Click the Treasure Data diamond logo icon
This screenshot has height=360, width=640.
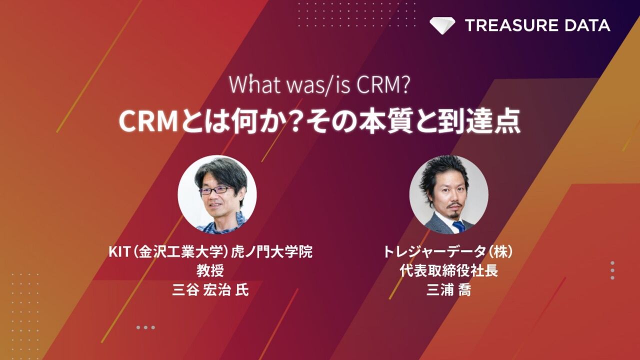[x=442, y=25]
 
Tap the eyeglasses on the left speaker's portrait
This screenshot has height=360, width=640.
[x=215, y=190]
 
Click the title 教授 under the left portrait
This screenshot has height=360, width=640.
[x=210, y=270]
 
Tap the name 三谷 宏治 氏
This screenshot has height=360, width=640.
[x=210, y=289]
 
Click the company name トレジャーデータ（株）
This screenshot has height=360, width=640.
[x=448, y=252]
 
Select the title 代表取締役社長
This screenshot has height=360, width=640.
[x=448, y=270]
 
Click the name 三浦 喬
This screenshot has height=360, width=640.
[x=448, y=289]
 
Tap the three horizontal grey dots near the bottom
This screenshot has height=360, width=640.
[x=145, y=327]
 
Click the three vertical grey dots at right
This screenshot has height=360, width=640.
[x=612, y=270]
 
